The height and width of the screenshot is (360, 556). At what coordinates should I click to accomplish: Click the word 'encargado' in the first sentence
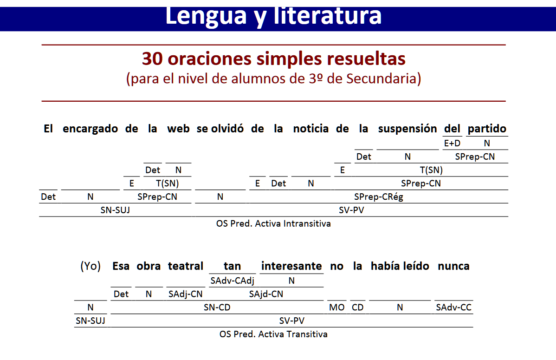(x=90, y=129)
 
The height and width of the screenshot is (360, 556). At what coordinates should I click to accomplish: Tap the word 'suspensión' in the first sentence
(x=407, y=129)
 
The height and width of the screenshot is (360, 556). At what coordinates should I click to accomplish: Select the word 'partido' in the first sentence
(x=487, y=129)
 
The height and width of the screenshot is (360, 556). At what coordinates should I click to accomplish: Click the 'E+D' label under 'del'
(x=452, y=143)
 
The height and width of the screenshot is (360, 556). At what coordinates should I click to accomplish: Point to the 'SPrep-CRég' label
(x=379, y=197)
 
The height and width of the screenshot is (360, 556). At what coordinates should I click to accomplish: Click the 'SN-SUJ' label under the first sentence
(x=115, y=210)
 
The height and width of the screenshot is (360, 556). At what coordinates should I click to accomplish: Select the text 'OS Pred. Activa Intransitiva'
(x=273, y=224)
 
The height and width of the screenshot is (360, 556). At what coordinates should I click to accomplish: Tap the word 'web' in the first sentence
(x=178, y=129)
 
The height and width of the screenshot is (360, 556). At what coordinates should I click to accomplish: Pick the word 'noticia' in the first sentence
(x=311, y=129)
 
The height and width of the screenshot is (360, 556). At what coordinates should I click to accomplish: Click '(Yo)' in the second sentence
(x=91, y=266)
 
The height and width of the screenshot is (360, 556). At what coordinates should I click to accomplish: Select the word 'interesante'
(x=291, y=266)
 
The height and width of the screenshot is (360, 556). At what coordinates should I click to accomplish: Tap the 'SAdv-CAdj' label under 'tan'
(x=232, y=281)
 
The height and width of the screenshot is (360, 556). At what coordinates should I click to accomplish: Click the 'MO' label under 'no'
(x=337, y=308)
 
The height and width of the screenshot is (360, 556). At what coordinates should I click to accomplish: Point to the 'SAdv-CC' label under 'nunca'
(x=453, y=308)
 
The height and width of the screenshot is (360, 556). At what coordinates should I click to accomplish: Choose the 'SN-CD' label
(x=217, y=308)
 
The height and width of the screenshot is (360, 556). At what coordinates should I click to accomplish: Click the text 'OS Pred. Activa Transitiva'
(x=273, y=334)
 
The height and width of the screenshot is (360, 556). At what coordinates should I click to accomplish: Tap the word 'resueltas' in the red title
(x=366, y=59)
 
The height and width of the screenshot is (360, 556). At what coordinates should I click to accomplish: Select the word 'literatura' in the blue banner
(x=327, y=16)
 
